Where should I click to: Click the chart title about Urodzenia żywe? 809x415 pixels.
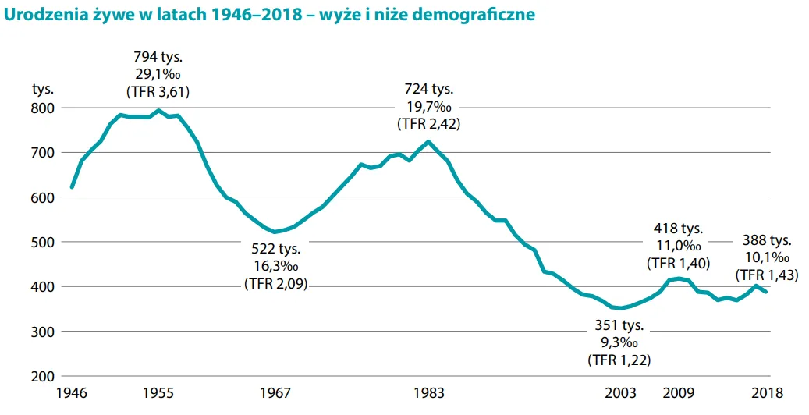[x=270, y=15]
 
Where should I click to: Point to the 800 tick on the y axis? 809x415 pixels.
[x=43, y=108]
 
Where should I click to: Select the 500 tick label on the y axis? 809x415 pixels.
[x=43, y=242]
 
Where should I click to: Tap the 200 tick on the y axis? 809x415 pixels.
[x=43, y=377]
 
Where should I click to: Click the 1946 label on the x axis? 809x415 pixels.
[x=72, y=393]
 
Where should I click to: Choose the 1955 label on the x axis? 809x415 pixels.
[x=159, y=393]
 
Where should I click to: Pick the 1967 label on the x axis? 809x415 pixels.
[x=275, y=393]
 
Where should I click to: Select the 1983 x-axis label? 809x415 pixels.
[x=429, y=393]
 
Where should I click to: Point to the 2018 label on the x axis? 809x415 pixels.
[x=766, y=393]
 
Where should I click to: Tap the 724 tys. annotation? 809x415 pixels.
[x=428, y=89]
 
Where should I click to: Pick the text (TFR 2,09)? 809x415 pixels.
[x=275, y=284]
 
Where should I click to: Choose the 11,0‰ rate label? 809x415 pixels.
[x=678, y=246]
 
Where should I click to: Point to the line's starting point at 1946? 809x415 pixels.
[x=72, y=187]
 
